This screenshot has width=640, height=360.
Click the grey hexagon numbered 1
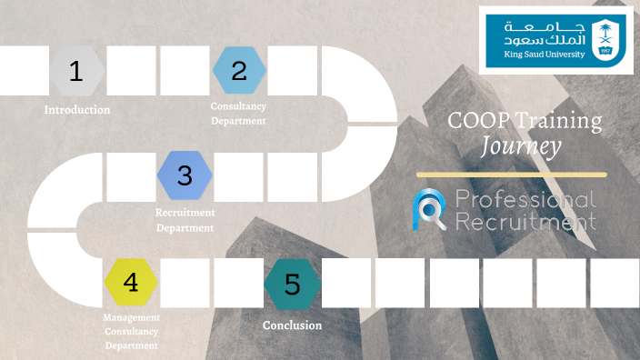pos(76,71)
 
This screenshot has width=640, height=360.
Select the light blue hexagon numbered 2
pos(239,71)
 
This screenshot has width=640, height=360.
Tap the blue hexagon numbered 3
pos(185,175)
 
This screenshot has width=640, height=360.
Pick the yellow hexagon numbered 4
pos(131,283)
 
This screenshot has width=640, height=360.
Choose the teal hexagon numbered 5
pos(293,283)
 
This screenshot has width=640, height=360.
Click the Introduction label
pos(77,110)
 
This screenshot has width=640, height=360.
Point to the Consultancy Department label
pos(238,114)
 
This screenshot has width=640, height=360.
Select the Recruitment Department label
pos(185,219)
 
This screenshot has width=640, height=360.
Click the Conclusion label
pos(292,325)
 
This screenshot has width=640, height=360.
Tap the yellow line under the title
pos(511,174)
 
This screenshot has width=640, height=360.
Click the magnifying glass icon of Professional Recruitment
pos(429,208)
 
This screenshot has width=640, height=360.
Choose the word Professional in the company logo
pos(525,200)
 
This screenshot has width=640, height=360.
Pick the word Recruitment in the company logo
pos(525,221)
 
